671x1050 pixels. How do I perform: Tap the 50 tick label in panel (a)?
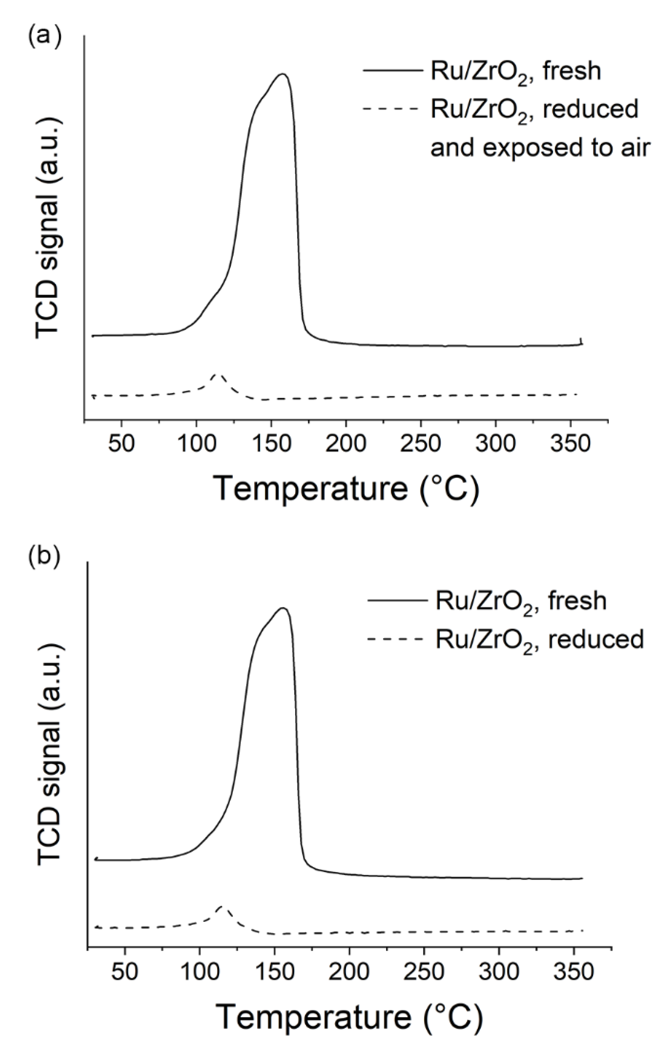[121, 443]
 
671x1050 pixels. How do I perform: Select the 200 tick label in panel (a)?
[346, 443]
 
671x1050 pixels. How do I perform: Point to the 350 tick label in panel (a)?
[571, 443]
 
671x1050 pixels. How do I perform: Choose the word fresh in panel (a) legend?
[572, 71]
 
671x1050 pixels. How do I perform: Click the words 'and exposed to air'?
[540, 148]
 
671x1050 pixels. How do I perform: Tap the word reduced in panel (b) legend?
[596, 639]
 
